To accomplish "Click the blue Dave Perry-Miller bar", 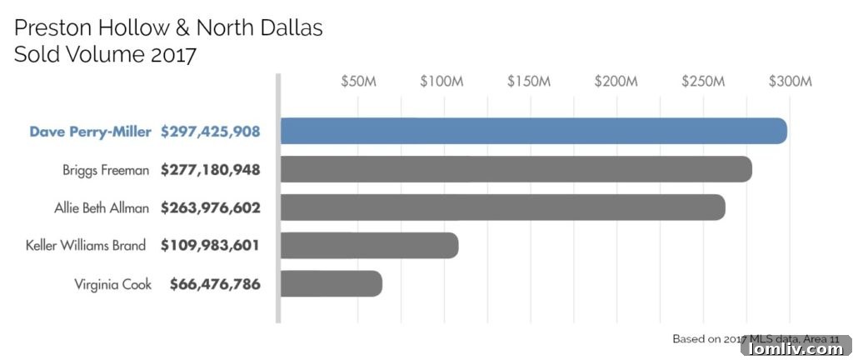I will (x=533, y=131).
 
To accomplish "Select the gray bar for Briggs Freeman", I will (x=516, y=169).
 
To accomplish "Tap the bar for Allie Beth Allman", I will (x=502, y=207).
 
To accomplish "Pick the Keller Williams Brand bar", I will (x=369, y=245).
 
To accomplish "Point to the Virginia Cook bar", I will (x=331, y=283).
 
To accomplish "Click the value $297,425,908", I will (x=211, y=132).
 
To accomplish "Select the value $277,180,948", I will (x=211, y=170).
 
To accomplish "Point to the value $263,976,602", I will (x=211, y=207).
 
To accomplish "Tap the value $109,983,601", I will (x=211, y=246).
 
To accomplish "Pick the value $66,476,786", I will (x=215, y=284).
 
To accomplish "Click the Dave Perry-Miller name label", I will (x=91, y=132).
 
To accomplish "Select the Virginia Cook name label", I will (x=112, y=284).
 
